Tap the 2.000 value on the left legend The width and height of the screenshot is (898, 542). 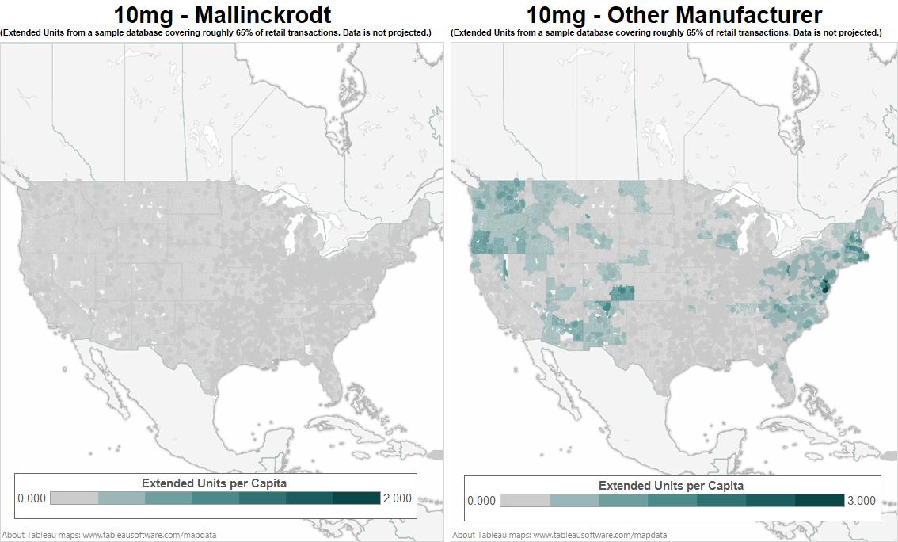coord(397,498)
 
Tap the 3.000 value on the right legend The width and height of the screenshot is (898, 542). coord(861,500)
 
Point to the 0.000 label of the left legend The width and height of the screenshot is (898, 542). coord(32,498)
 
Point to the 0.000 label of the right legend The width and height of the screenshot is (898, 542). coord(481,500)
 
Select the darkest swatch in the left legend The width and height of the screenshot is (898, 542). coord(356,498)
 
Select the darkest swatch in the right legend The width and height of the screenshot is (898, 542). coord(820,500)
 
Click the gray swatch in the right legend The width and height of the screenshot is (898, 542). coord(524,500)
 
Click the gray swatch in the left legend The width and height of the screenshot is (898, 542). coord(74,498)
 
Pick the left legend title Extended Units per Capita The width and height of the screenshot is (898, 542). coord(214,483)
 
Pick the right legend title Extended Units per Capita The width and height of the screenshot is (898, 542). coord(671,485)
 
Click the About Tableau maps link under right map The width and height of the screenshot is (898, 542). coord(559,535)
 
